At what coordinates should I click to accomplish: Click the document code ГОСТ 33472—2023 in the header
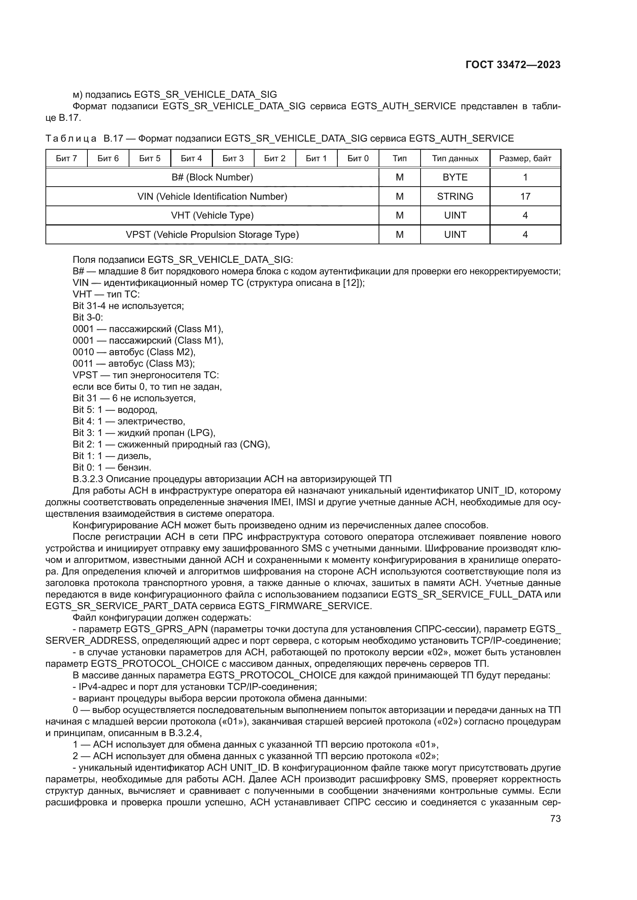pyautogui.click(x=513, y=65)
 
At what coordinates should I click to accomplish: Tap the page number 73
pyautogui.click(x=555, y=818)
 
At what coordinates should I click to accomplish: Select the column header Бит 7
pyautogui.click(x=66, y=159)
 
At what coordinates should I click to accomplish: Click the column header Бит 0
pyautogui.click(x=358, y=159)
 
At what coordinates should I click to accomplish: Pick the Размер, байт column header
pyautogui.click(x=525, y=159)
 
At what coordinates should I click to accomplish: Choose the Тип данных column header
pyautogui.click(x=455, y=159)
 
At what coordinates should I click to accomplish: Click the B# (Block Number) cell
pyautogui.click(x=212, y=177)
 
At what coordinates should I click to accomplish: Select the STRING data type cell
pyautogui.click(x=455, y=196)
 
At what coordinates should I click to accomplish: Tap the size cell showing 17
pyautogui.click(x=525, y=196)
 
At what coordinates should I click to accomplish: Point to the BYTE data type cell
pyautogui.click(x=455, y=177)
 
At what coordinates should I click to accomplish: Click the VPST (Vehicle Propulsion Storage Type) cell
pyautogui.click(x=212, y=234)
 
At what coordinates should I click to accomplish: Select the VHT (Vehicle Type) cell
pyautogui.click(x=212, y=215)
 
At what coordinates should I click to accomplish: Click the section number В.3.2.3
pyautogui.click(x=88, y=479)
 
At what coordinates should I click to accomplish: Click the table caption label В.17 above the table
pyautogui.click(x=113, y=139)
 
